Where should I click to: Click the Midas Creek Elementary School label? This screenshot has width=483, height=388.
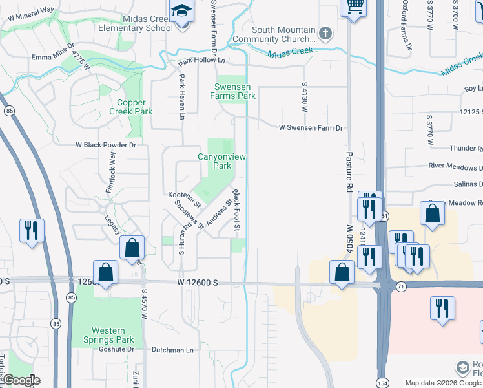(136, 23)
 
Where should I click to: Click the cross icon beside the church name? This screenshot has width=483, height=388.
(325, 33)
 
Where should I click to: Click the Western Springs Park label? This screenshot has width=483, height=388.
(108, 335)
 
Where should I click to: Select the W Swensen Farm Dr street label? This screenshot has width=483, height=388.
(310, 128)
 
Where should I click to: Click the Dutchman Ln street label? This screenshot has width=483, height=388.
(172, 350)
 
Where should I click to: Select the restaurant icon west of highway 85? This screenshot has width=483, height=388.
(32, 231)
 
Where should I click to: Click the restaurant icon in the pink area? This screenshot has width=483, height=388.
(442, 308)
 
